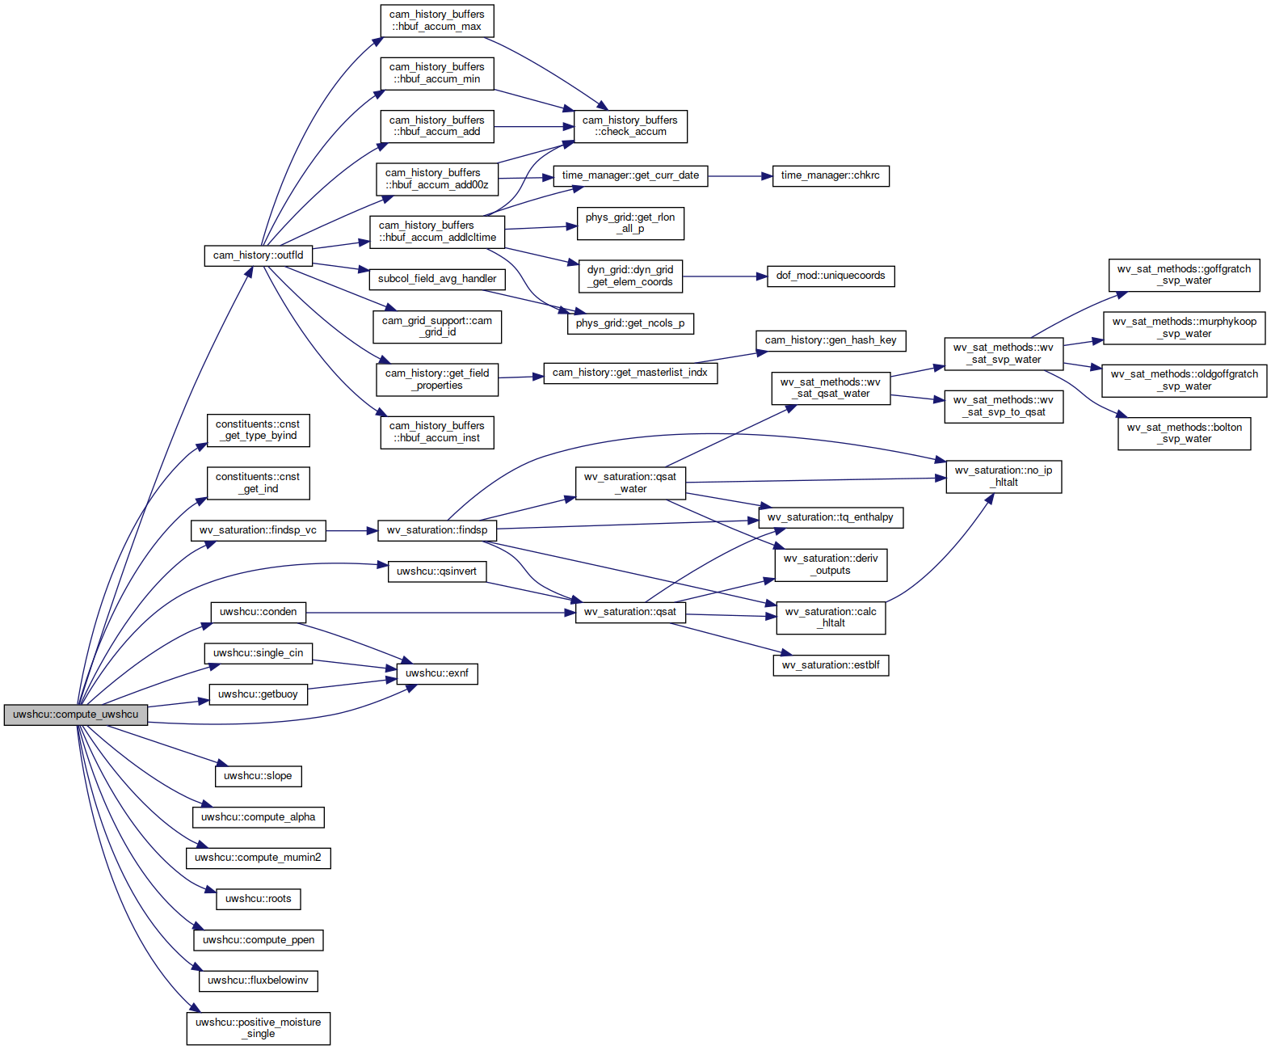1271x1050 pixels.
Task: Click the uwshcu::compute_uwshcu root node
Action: coord(75,715)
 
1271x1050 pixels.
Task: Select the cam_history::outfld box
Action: coord(258,255)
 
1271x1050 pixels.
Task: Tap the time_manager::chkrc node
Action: coord(831,175)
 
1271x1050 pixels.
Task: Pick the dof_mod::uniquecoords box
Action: coord(831,276)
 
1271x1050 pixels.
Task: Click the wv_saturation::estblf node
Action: coord(831,665)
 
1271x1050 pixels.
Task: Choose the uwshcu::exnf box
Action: coord(437,673)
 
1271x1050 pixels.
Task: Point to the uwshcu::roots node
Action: coord(258,899)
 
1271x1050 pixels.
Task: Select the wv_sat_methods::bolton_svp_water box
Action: coord(1184,433)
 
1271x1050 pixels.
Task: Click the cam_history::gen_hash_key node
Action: coord(831,340)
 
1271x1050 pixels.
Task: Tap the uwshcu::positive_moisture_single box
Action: coord(258,1028)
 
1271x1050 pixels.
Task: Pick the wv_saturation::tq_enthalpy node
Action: coord(831,517)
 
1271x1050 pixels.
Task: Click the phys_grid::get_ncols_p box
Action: coord(630,323)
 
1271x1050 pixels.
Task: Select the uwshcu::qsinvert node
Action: coord(437,571)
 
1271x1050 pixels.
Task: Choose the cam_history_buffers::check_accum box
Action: coord(630,126)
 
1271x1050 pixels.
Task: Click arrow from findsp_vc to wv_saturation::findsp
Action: coord(351,530)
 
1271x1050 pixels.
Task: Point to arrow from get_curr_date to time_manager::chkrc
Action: coord(739,176)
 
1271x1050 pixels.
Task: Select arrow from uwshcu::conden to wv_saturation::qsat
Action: coord(440,612)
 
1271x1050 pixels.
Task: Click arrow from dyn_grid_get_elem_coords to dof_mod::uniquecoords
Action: coord(724,276)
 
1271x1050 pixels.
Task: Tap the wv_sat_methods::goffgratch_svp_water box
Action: coord(1184,276)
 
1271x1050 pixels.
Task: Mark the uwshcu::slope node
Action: coord(258,776)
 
